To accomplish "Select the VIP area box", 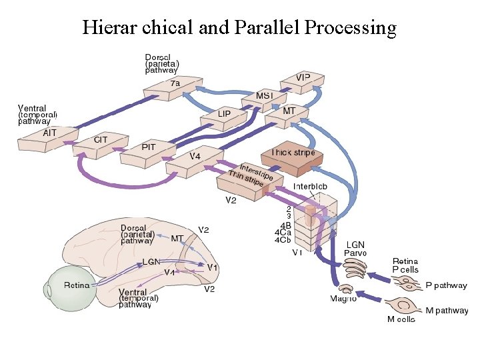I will point(303,79).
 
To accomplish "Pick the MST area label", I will point(265,96).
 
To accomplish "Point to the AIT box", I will point(50,133).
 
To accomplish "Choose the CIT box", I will point(101,141).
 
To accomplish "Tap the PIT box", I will point(149,147).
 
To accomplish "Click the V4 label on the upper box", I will point(195,156).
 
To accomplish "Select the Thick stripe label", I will point(293,153).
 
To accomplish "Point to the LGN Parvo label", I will point(355,248).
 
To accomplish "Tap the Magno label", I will point(343,298).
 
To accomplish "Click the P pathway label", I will point(446,285).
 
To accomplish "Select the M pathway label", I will point(446,310).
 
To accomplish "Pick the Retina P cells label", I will point(405,265).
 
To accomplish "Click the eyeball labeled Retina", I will point(76,287).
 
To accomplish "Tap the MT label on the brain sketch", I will point(177,237).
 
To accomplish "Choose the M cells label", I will point(401,319).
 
